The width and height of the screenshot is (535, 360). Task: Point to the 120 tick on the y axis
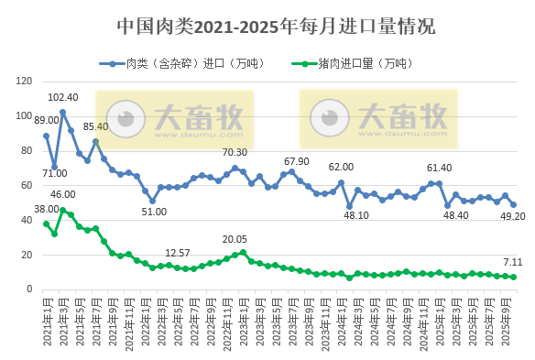coord(25,82)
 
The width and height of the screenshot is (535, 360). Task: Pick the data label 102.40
coord(62,97)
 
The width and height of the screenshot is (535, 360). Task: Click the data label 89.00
coord(46,120)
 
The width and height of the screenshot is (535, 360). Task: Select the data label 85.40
coord(95,126)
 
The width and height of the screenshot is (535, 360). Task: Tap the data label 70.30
coord(235,152)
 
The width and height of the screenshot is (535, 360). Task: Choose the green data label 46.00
coord(62,194)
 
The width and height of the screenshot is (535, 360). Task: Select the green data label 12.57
coord(178,253)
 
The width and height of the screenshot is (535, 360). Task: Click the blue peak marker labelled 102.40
coord(62,112)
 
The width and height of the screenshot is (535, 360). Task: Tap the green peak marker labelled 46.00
coord(62,210)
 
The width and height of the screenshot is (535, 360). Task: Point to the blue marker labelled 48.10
coord(350,206)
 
